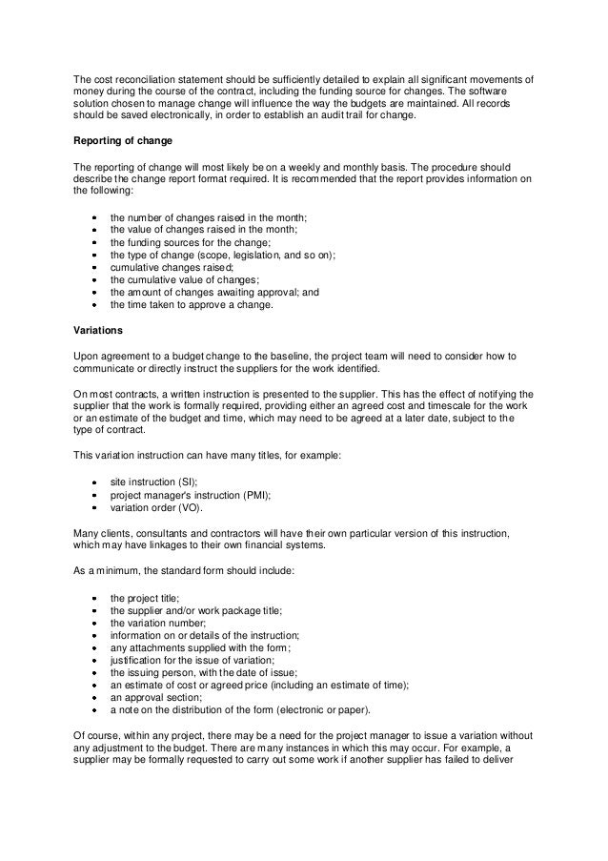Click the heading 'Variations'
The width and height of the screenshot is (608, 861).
tap(97, 331)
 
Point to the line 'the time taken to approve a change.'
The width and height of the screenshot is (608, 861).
tap(192, 305)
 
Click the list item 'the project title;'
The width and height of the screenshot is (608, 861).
tap(144, 596)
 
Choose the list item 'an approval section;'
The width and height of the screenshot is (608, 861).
tap(156, 696)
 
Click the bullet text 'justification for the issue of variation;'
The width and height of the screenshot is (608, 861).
tap(198, 659)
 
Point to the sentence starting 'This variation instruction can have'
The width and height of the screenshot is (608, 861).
tap(200, 458)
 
